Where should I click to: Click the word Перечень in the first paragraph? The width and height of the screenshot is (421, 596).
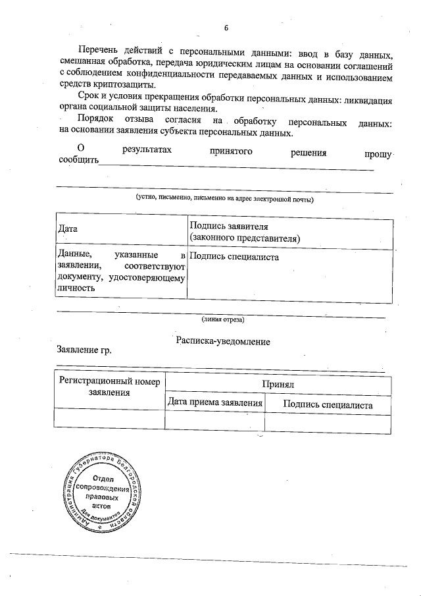97,51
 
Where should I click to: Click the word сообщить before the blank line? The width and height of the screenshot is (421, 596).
78,160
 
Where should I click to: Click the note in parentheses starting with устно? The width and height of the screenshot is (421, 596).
224,198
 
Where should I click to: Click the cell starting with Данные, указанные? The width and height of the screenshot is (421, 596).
122,271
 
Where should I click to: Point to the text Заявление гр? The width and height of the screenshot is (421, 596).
84,350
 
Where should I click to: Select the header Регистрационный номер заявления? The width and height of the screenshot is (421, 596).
109,387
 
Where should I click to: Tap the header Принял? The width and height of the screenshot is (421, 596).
278,383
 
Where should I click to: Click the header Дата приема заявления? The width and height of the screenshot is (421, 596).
214,403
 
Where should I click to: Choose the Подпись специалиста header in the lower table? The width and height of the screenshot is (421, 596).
328,404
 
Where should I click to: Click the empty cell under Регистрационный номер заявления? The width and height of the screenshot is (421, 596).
109,420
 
